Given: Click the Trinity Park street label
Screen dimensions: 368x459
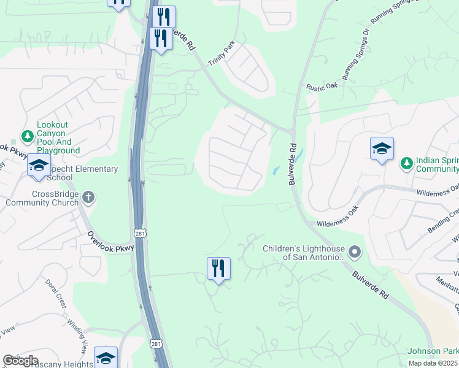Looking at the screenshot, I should [222, 56].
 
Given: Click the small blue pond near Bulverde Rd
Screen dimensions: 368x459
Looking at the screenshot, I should [276, 171].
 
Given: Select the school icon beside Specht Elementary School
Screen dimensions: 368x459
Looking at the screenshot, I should [39, 166].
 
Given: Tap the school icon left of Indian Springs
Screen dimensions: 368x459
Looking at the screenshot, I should [382, 148].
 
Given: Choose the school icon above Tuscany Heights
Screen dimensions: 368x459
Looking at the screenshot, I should [106, 357].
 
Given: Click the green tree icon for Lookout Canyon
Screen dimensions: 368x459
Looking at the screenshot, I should [26, 136].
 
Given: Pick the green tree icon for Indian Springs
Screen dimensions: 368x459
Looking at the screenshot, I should [406, 163].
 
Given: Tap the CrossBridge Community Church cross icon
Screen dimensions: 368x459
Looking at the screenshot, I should [89, 197].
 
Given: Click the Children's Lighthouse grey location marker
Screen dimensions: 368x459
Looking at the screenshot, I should [354, 251].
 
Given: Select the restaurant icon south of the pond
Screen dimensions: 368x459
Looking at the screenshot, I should [218, 268].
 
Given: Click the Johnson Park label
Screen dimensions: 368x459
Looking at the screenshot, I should [432, 351].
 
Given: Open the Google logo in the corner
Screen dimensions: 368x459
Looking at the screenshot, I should [20, 361].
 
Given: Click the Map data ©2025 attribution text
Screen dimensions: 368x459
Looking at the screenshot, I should [433, 363].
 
